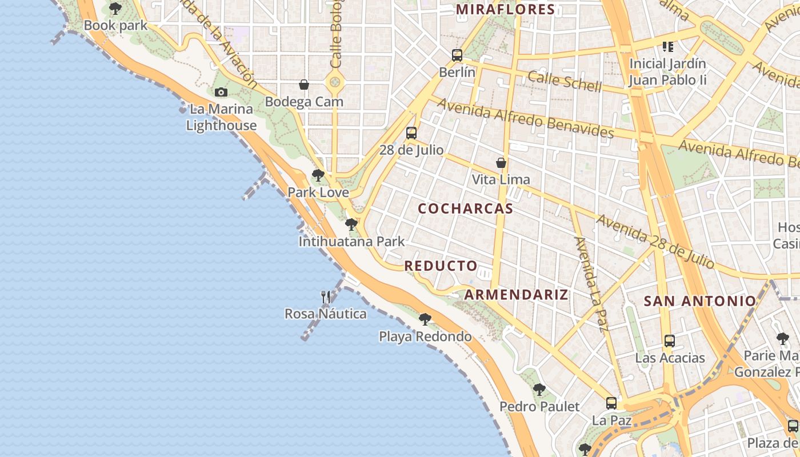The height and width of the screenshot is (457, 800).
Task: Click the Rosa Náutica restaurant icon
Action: (x=326, y=296)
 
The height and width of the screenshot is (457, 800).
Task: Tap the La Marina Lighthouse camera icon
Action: (x=221, y=92)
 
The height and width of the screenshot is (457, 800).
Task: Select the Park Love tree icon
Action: (x=318, y=175)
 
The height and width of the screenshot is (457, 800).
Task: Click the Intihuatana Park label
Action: (x=351, y=242)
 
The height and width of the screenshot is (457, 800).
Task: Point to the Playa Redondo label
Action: (x=425, y=336)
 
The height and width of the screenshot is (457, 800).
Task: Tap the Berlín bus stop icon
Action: (x=457, y=55)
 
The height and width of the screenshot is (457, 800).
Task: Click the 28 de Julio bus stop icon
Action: (x=411, y=133)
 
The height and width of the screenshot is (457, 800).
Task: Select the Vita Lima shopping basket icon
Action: (x=501, y=163)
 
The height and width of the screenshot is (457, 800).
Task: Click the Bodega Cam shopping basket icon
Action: (x=304, y=85)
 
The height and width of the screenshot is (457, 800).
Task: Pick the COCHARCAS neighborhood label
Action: (x=466, y=209)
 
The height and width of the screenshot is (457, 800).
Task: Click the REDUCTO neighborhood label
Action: (x=441, y=266)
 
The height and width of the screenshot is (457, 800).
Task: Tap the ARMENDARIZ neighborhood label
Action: (x=516, y=295)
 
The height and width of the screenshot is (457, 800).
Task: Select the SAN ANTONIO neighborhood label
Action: (x=700, y=301)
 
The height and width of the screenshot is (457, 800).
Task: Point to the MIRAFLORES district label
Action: (x=505, y=9)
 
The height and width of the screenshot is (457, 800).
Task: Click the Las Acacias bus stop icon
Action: (x=670, y=341)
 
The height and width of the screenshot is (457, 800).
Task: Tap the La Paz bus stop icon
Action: (x=611, y=403)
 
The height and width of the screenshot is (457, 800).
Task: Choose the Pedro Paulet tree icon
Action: (x=539, y=390)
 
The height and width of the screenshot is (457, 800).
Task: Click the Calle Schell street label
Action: (x=565, y=81)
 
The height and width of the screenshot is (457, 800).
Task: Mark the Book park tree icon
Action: (x=115, y=9)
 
